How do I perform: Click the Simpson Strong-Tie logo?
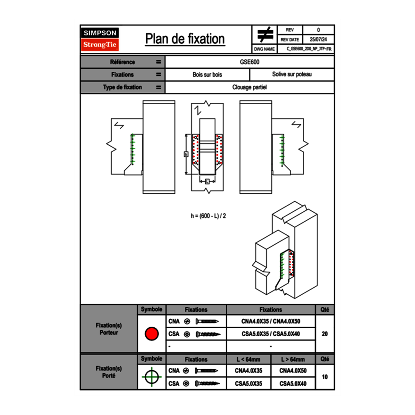[100, 39]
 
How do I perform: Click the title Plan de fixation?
[185, 39]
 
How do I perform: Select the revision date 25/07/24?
[318, 40]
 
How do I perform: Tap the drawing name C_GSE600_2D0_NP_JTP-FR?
[311, 49]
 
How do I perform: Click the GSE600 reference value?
[249, 62]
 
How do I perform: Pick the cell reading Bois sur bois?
[207, 75]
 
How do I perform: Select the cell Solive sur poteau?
[291, 75]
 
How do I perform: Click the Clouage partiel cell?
[249, 87]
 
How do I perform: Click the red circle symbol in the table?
[151, 334]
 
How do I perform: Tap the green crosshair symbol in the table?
[151, 377]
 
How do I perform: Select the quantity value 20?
[324, 334]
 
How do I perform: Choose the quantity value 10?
[324, 377]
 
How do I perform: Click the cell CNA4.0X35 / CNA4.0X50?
[271, 321]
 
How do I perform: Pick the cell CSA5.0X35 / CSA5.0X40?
[271, 334]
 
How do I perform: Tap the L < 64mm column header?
[249, 359]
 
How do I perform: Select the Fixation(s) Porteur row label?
[108, 329]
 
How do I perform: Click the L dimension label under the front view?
[207, 181]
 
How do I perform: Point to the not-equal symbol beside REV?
[265, 34]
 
